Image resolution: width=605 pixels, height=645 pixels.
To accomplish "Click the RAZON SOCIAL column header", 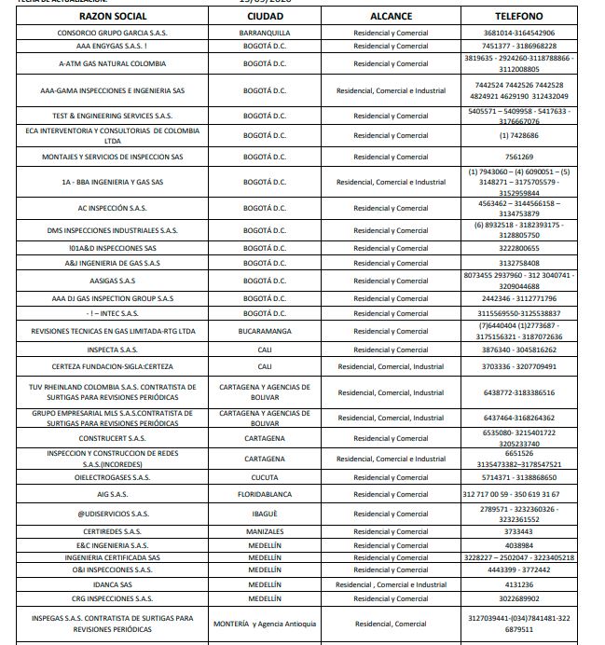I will [113, 16].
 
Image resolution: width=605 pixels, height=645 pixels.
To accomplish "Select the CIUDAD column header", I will [265, 16].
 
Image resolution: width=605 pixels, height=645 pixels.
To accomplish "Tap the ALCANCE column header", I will [391, 16].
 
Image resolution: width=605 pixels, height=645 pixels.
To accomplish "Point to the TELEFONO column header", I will [519, 16].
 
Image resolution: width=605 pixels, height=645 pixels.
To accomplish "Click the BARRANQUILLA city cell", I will [265, 33].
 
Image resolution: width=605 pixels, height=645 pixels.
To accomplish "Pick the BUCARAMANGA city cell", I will [265, 331].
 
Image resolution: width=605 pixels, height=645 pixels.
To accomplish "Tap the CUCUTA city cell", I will [265, 476].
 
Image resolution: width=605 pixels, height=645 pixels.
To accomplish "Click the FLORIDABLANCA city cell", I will [265, 494].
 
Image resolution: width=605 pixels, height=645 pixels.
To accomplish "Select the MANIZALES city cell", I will [265, 531].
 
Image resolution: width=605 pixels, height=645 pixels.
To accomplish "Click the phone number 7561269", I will [519, 157].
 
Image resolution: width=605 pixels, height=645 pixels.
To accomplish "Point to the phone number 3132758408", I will [519, 263].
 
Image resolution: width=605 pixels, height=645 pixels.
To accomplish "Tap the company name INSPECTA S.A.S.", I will [113, 350].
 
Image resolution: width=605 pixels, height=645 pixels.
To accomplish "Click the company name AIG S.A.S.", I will [113, 494].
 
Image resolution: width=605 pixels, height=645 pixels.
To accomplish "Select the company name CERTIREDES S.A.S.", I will [113, 531].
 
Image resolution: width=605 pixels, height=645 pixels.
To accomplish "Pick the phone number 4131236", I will [519, 584].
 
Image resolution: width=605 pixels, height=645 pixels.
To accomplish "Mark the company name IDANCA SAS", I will [113, 584].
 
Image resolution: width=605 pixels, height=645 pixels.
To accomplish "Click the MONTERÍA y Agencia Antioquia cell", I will [265, 624].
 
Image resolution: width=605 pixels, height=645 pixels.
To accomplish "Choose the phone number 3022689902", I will [519, 598].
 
